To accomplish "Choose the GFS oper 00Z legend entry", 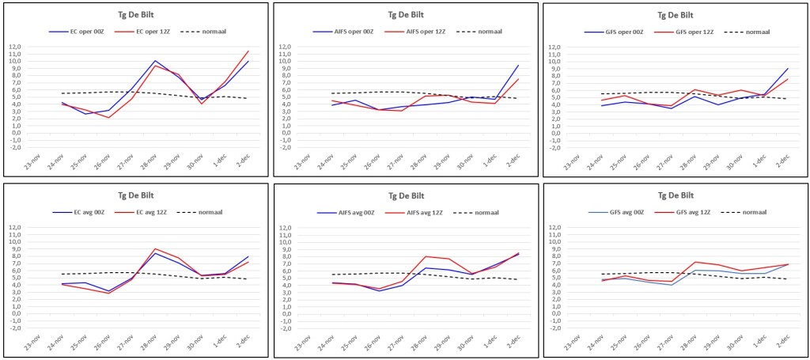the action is [x=614, y=32].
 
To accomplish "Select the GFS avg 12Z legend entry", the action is [x=683, y=212].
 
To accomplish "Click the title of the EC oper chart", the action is [x=136, y=14].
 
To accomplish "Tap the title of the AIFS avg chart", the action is [x=406, y=195].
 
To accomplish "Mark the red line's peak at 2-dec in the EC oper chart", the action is [x=248, y=51].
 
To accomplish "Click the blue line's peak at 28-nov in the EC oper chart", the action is [x=155, y=60].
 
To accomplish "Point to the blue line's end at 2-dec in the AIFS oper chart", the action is [x=518, y=65].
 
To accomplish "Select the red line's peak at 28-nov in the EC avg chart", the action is [x=155, y=248].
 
